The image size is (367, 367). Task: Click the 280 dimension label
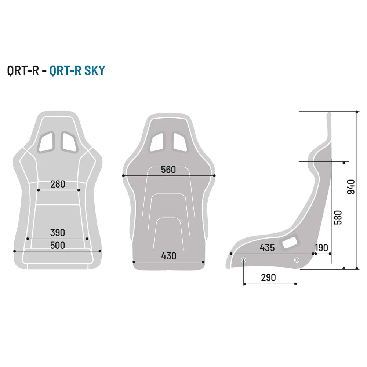[x=58, y=184]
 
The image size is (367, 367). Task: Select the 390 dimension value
[x=58, y=232]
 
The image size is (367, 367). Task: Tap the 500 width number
[x=58, y=245]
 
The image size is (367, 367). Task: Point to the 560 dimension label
[x=168, y=170]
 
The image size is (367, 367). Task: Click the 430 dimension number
[x=169, y=256]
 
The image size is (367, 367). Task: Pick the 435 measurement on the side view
[x=267, y=248]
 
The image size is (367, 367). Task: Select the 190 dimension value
[x=321, y=248]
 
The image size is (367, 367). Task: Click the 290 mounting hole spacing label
[x=268, y=277]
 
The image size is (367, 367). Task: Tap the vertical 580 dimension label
[x=338, y=217]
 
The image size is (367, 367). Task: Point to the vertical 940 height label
[x=351, y=187]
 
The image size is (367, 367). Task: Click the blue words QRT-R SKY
[x=77, y=71]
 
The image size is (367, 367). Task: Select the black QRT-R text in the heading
[x=23, y=71]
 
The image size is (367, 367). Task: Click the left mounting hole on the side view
[x=244, y=260]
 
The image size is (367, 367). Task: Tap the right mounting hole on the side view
[x=297, y=260]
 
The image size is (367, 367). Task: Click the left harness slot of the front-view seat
[x=47, y=141]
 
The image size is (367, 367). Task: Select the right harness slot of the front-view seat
[x=69, y=141]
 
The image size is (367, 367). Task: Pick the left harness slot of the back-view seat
[x=157, y=142]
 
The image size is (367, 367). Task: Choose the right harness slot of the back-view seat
[x=180, y=142]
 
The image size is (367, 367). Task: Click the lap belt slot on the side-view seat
[x=290, y=242]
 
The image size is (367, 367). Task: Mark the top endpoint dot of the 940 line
[x=357, y=111]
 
